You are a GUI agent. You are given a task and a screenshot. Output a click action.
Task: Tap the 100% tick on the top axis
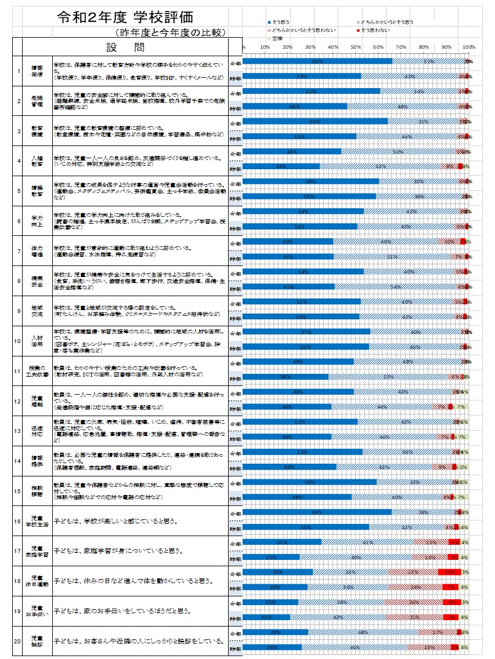(x=468, y=46)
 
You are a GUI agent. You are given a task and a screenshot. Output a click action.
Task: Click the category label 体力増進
(x=37, y=251)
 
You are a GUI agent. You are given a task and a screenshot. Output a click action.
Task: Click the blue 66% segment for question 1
(x=317, y=61)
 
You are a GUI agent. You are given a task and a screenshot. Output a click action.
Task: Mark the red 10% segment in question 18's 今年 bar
(x=450, y=572)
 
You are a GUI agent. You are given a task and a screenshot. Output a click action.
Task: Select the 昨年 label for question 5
(x=235, y=197)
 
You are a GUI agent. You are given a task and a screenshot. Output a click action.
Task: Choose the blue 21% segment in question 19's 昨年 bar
(x=266, y=617)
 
